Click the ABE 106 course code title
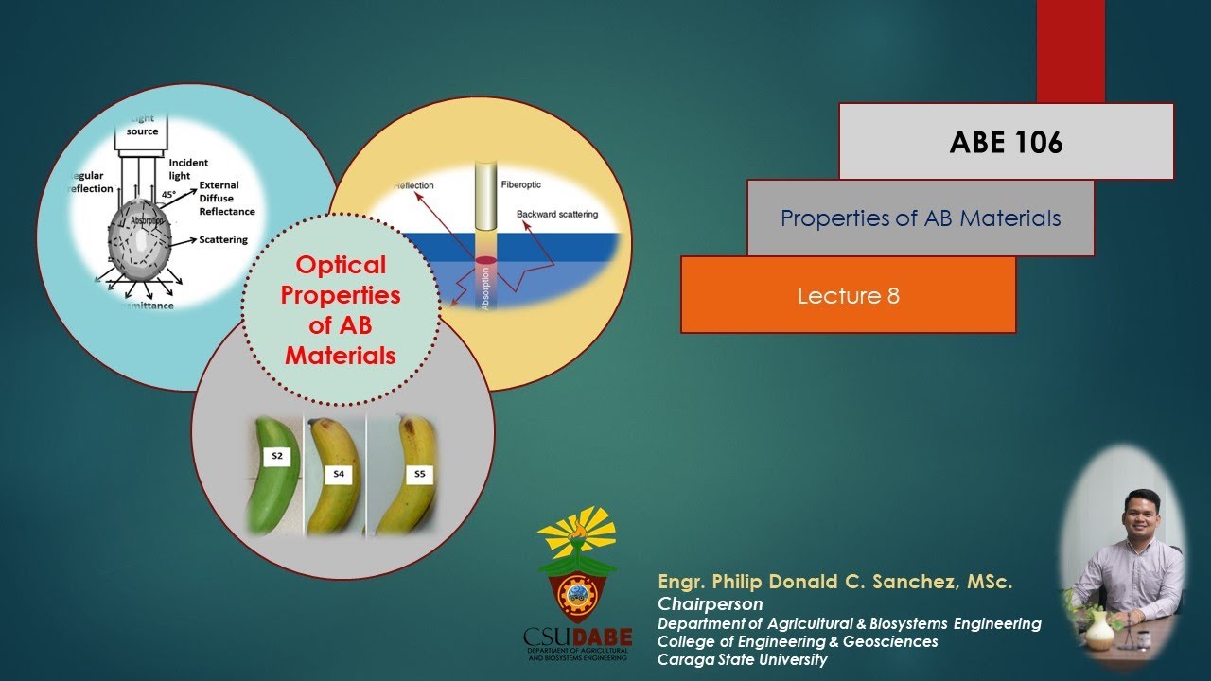point(1006,142)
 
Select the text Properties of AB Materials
point(920,218)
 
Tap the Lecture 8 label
point(848,296)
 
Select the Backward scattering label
point(557,215)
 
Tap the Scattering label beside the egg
point(223,240)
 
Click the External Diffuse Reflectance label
point(226,199)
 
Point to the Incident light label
point(188,169)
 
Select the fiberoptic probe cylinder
point(485,196)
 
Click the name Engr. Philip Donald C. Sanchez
point(834,583)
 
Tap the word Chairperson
point(710,603)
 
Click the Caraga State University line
point(742,660)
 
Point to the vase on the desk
point(1099,630)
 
